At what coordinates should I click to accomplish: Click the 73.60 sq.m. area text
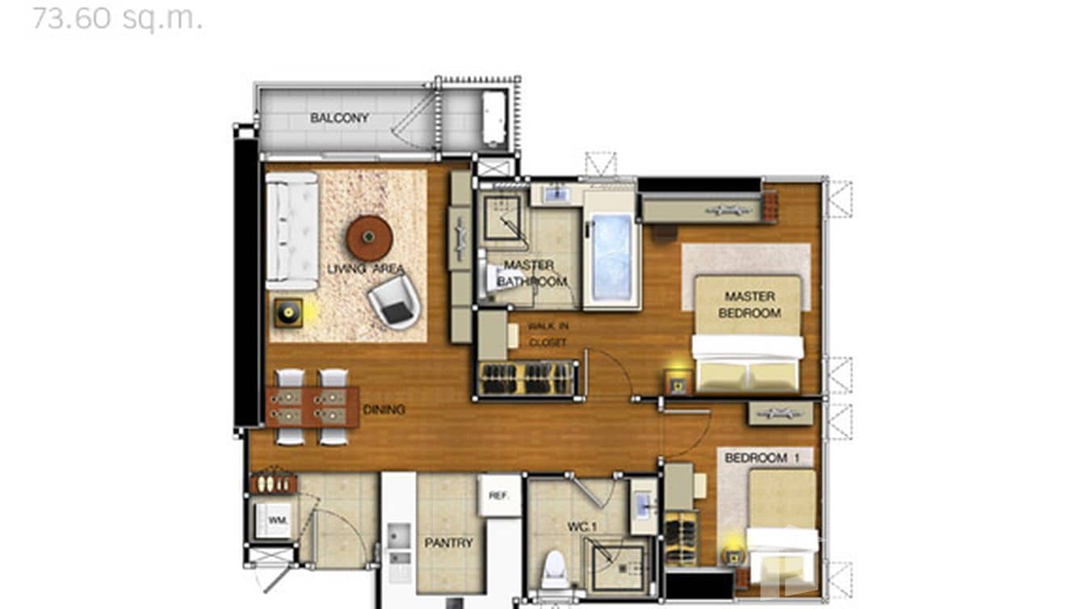[x=117, y=17]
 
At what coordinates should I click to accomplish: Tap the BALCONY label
[x=339, y=118]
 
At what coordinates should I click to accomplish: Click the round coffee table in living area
[x=369, y=238]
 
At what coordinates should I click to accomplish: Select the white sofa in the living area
[x=292, y=231]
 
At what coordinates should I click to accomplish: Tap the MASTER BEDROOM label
[x=749, y=304]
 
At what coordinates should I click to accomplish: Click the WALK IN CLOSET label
[x=547, y=334]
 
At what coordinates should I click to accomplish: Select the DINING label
[x=384, y=409]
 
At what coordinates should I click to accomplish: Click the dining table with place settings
[x=313, y=406]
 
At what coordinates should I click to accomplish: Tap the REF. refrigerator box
[x=499, y=495]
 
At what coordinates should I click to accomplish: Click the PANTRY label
[x=448, y=543]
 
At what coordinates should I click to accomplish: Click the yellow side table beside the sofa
[x=288, y=313]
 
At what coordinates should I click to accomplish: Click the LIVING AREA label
[x=366, y=269]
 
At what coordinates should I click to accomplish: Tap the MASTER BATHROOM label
[x=531, y=274]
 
